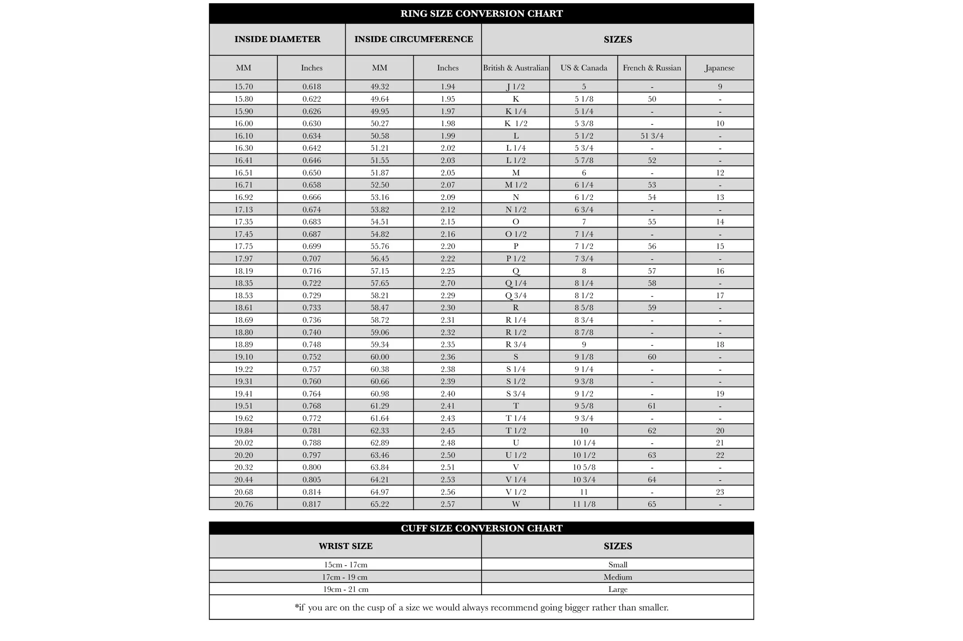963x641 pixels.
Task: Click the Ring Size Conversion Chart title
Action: tap(481, 13)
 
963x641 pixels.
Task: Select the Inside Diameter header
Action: tap(277, 39)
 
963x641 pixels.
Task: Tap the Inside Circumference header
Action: tap(413, 39)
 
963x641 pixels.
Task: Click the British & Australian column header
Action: tap(515, 68)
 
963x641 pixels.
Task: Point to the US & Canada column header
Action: tap(584, 68)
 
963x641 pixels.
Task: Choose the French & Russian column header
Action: tap(651, 68)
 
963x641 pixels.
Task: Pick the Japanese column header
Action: tap(720, 68)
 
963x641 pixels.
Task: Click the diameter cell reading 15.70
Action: tap(243, 87)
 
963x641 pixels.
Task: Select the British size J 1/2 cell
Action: tap(515, 87)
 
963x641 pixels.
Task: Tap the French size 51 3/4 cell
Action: tap(651, 136)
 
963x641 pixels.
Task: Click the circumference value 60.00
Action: tap(379, 357)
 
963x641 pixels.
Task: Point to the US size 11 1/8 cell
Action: tap(584, 504)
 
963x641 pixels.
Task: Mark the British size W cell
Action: tap(515, 504)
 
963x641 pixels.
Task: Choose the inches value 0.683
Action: tap(312, 222)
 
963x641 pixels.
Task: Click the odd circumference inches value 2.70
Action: tap(448, 283)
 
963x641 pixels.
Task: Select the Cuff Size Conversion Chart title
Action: tap(481, 528)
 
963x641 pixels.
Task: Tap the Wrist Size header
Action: tap(346, 546)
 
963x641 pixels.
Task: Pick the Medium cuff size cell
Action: tap(617, 577)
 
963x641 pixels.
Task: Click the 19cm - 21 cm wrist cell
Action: tap(346, 589)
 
